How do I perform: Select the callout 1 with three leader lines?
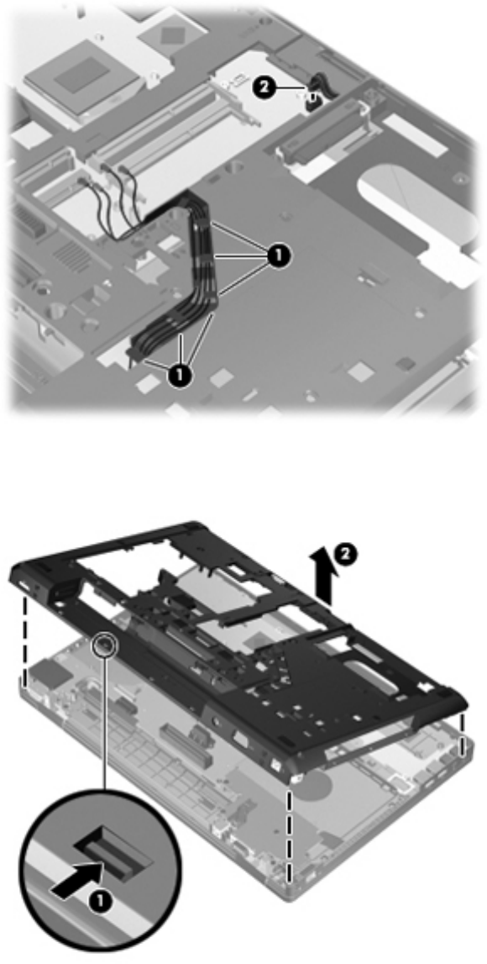(x=277, y=255)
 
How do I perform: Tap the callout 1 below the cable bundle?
(x=180, y=377)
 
